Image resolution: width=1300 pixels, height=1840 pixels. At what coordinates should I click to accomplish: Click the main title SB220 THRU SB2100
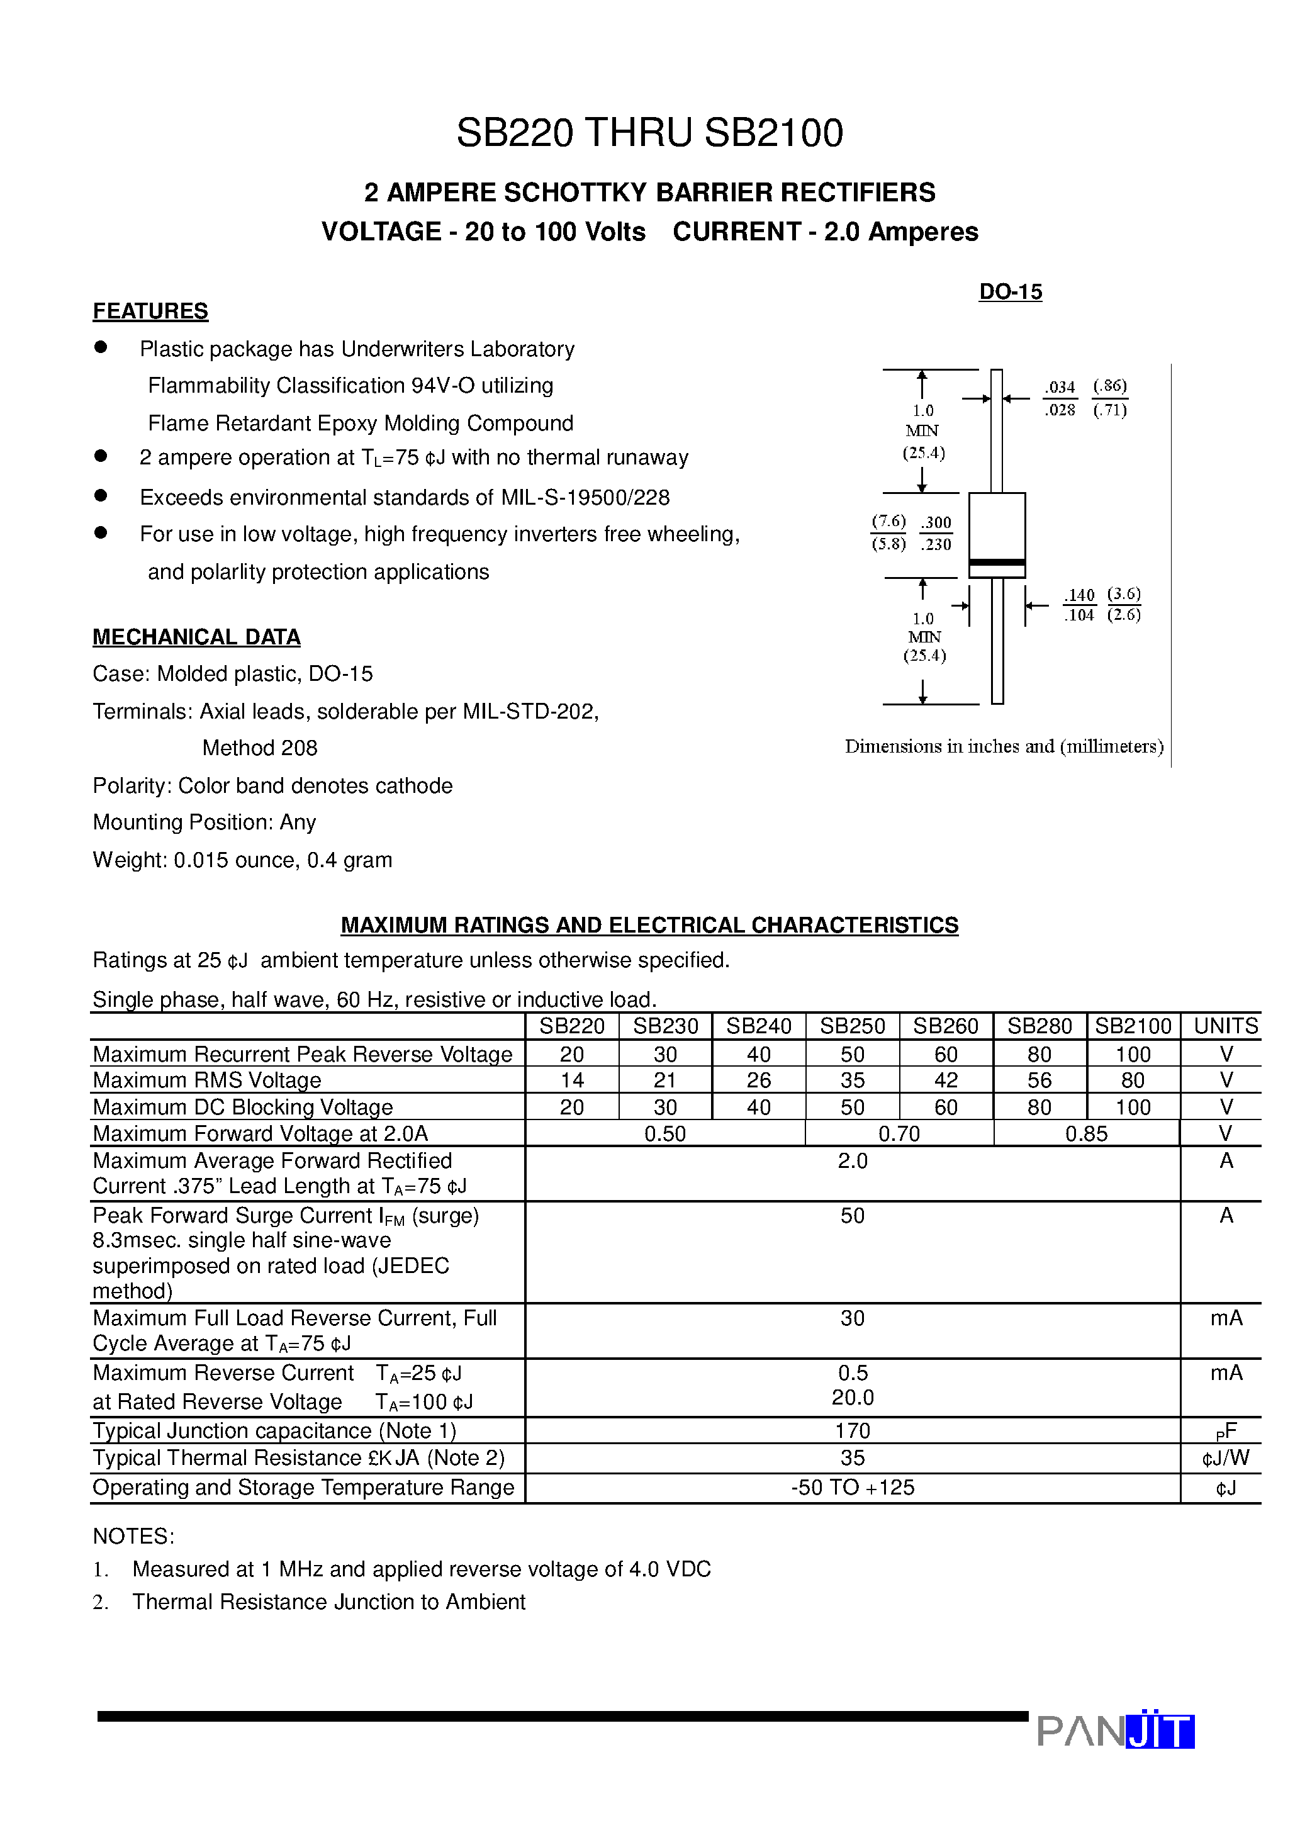pos(649,133)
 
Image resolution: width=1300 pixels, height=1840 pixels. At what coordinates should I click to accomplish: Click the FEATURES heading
pos(150,311)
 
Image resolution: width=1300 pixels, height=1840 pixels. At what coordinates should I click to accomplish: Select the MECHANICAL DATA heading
pos(196,636)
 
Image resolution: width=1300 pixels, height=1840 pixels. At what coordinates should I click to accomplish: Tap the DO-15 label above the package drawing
pos(1010,292)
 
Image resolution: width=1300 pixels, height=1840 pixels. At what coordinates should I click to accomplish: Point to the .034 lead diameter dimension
pos(1060,387)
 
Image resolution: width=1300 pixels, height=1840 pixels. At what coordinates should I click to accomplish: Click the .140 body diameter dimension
pos(1080,595)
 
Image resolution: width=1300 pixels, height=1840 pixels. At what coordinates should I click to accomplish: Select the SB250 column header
pos(852,1026)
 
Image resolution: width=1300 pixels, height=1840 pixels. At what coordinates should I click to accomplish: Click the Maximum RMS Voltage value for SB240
pos(758,1080)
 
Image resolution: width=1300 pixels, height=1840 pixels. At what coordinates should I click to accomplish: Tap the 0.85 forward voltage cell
pos(1086,1133)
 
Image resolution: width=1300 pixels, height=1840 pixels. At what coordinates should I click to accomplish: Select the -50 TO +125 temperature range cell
pos(852,1488)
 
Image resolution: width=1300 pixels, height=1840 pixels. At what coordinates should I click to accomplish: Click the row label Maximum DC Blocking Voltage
pos(243,1107)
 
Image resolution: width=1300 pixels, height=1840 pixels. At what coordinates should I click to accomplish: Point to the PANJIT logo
pos(1115,1731)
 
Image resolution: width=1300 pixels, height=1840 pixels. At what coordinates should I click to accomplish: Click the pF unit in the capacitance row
pos(1226,1432)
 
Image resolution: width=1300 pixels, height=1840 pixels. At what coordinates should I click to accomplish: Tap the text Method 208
pos(260,748)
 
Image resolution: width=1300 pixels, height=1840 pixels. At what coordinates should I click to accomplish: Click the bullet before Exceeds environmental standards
pos(101,496)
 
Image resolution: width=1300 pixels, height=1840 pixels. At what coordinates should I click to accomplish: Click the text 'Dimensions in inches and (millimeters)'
pos(1004,746)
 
